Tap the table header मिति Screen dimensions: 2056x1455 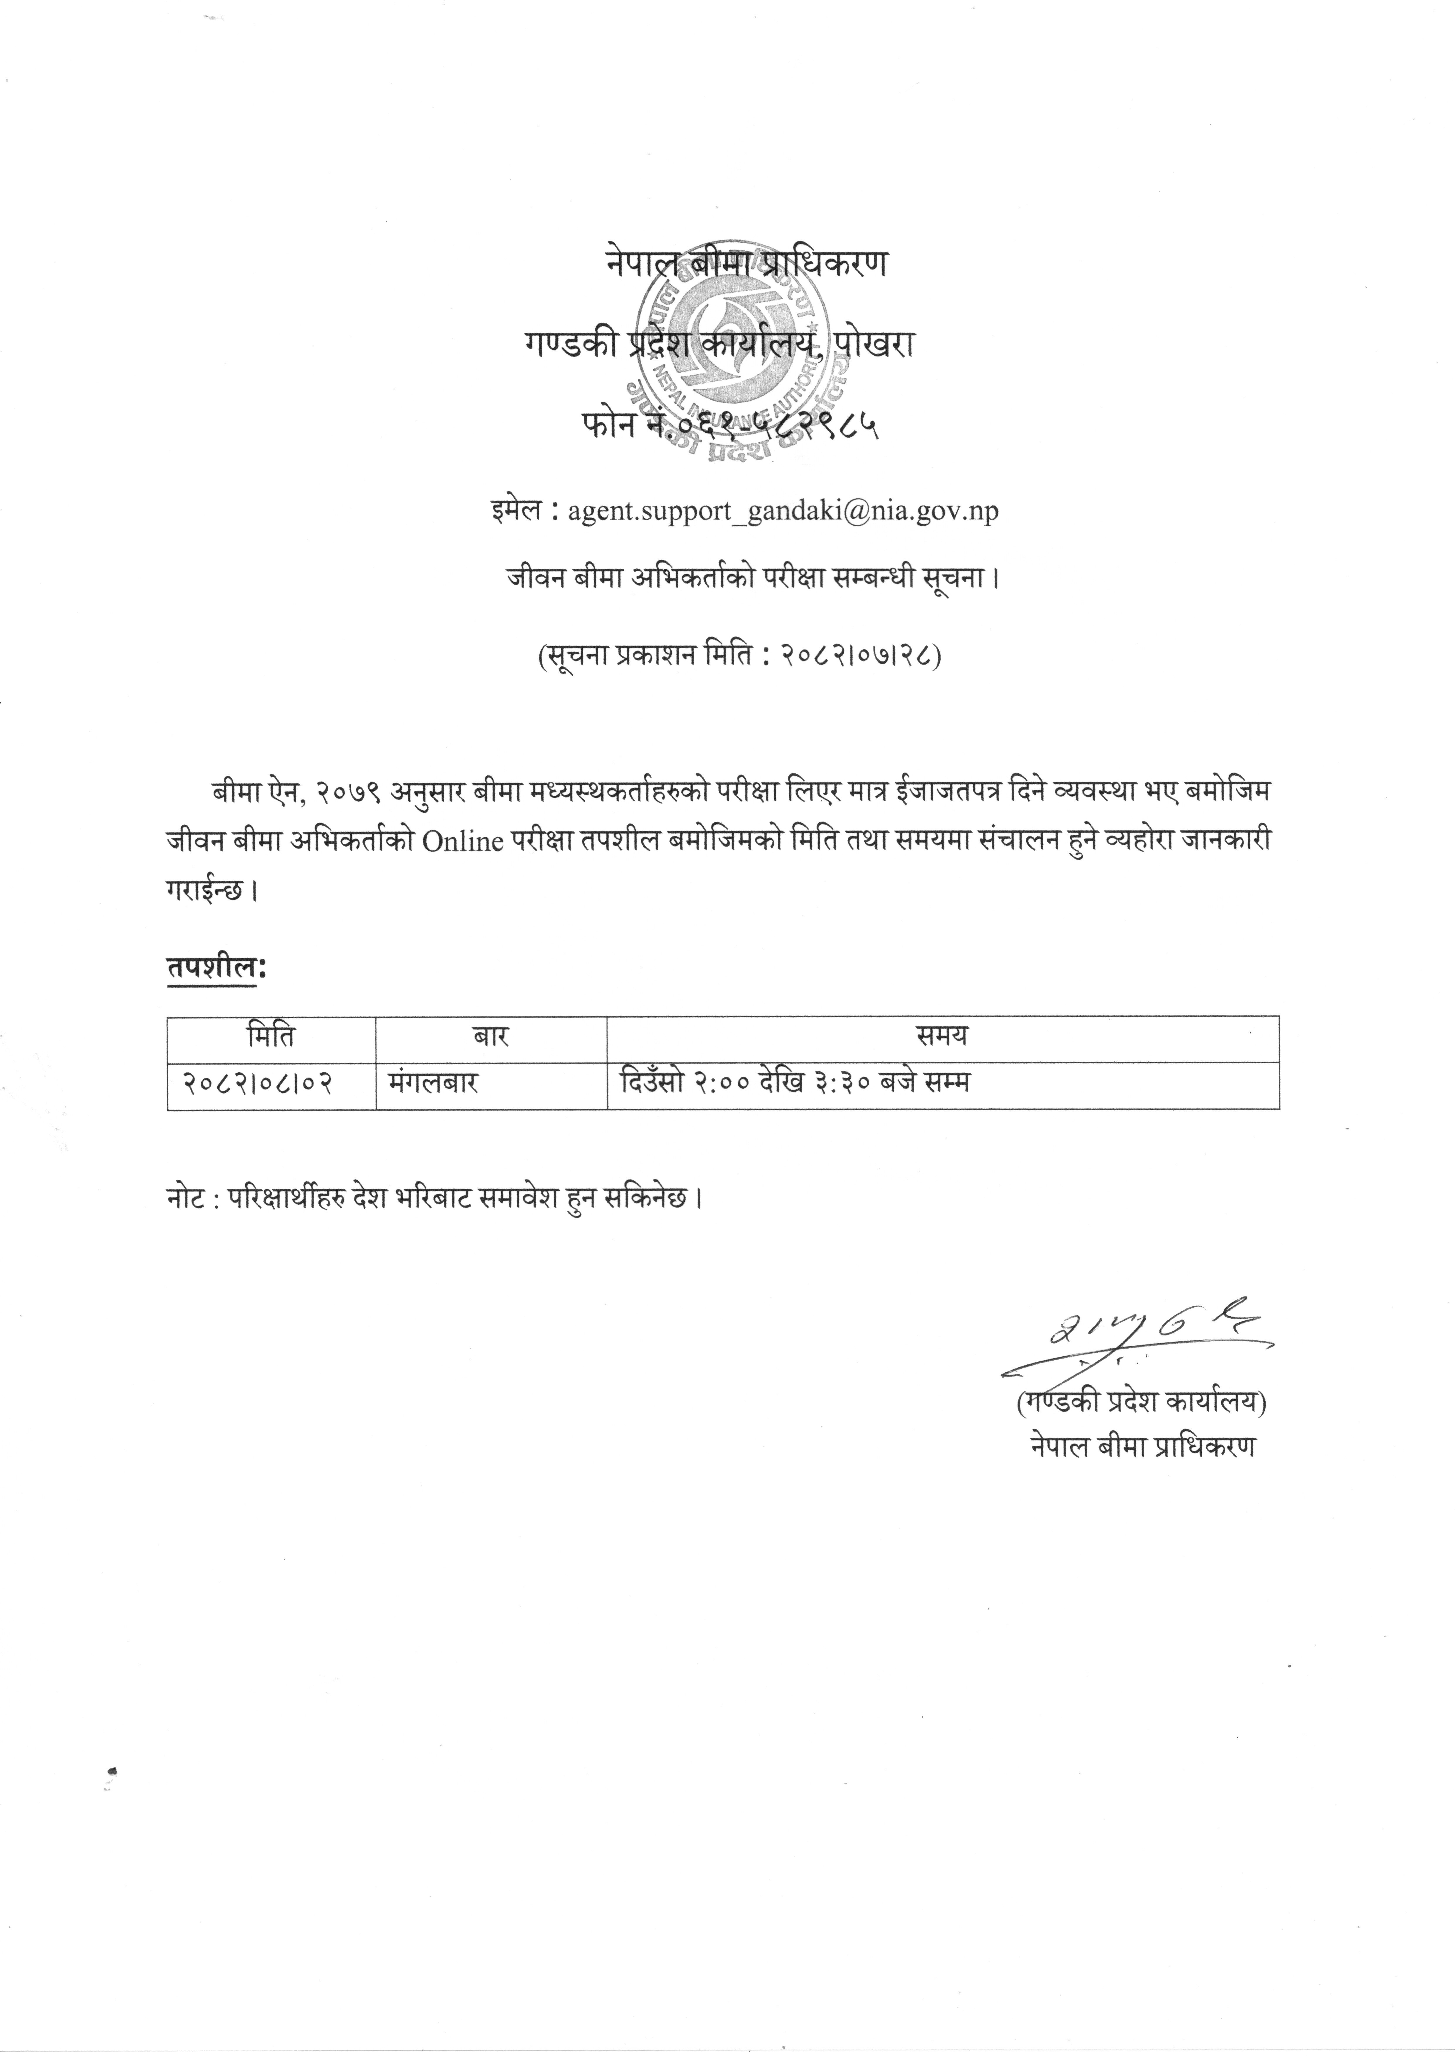(x=271, y=1038)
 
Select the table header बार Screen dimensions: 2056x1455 (x=491, y=1038)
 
